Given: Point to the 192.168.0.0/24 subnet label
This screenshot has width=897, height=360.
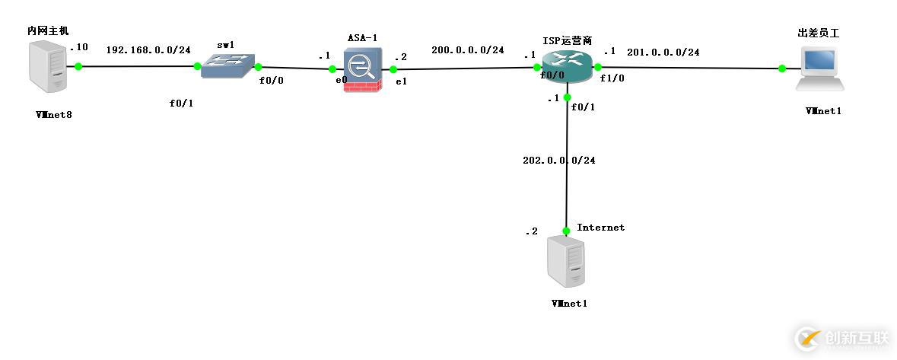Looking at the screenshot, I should click(148, 49).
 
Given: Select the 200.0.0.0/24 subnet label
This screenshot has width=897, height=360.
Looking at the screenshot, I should click(467, 49).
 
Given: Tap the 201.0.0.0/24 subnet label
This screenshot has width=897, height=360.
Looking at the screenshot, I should click(663, 52).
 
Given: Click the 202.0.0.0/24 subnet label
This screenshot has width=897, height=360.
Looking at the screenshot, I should click(558, 160).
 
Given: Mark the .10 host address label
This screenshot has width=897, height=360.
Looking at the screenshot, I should click(79, 47).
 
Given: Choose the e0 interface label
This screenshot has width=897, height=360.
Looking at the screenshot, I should click(342, 79).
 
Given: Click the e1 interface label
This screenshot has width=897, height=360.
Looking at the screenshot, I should click(400, 81).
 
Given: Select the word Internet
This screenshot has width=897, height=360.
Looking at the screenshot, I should click(600, 227).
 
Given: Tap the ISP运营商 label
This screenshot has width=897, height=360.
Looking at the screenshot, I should click(568, 40).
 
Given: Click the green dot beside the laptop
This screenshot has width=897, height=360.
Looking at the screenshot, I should click(782, 68).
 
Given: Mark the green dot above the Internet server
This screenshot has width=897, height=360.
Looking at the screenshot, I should click(567, 231).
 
